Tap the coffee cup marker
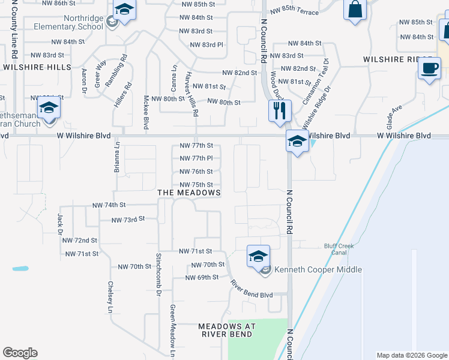coord(429,68)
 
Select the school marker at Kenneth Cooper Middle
coord(258,257)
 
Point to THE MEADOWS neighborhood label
coord(188,193)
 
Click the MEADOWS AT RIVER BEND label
coord(228,330)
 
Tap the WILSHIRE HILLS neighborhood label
coord(37,67)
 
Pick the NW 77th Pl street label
coord(196,158)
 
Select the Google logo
coord(20,353)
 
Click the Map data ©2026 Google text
coord(411,355)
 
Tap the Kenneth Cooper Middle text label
coord(318,269)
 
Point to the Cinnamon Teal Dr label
coord(317,81)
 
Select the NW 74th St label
coord(109,205)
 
